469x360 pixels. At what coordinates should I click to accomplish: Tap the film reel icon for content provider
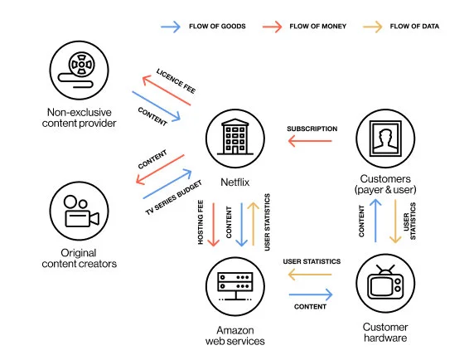click(x=81, y=68)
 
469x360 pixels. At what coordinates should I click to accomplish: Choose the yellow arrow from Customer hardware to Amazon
click(x=312, y=274)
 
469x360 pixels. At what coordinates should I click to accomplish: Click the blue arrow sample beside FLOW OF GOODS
click(x=172, y=27)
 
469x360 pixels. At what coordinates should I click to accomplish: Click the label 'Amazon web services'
click(x=234, y=335)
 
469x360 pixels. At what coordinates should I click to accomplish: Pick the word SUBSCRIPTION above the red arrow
click(x=312, y=129)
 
